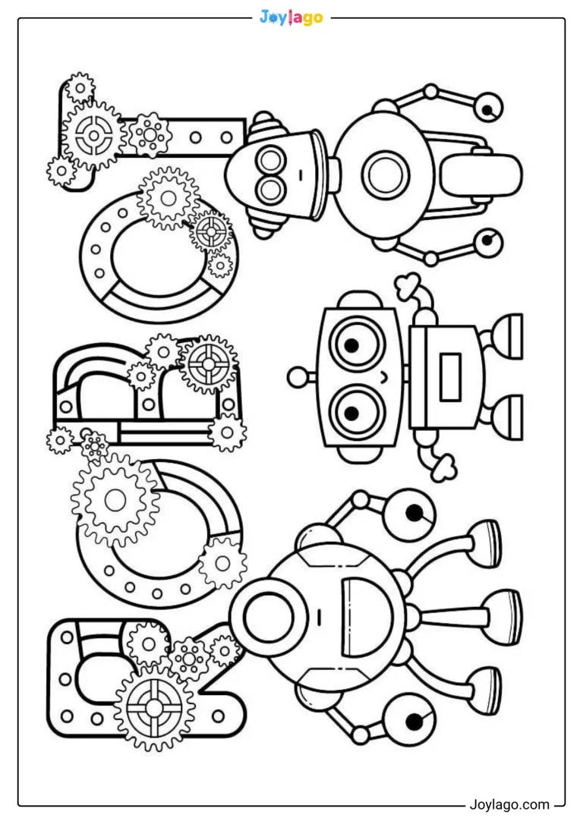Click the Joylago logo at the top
coord(291,17)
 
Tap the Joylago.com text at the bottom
coord(509,804)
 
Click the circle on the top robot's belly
coord(386,175)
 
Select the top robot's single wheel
coord(481,174)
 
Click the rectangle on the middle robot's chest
coord(450,377)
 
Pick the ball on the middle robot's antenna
coord(298,377)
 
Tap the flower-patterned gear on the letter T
coord(150,134)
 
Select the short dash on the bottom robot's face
coord(319,616)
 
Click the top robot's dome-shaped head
coord(273,174)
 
